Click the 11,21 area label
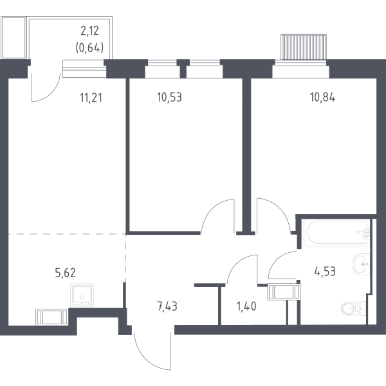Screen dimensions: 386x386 (91, 98)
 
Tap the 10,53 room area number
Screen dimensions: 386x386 (169, 97)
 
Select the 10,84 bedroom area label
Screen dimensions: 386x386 (322, 98)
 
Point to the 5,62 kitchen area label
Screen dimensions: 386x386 (65, 273)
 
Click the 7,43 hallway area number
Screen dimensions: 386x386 (167, 307)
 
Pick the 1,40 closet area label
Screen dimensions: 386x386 (246, 306)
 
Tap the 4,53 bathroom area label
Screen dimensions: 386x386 (325, 271)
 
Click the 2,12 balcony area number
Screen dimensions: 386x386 (89, 31)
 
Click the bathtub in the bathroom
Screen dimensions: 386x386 (336, 233)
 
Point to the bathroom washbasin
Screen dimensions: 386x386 (362, 264)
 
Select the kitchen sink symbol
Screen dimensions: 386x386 (82, 295)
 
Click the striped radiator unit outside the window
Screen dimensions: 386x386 (304, 47)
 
